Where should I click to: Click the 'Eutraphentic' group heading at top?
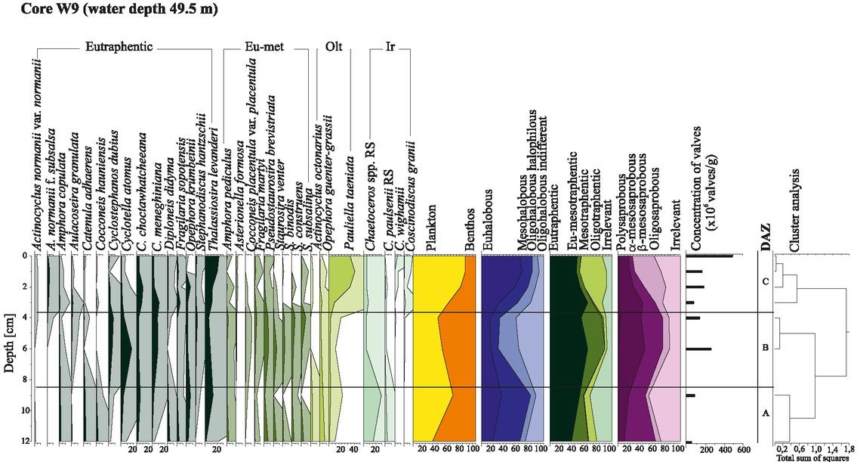(119, 48)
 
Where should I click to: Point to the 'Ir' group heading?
(390, 48)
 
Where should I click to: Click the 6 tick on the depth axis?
(26, 349)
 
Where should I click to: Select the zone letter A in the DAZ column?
(766, 413)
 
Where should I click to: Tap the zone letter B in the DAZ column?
(766, 348)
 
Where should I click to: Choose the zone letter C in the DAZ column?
(766, 282)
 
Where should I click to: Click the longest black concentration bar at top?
(709, 256)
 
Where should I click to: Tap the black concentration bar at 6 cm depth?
(698, 349)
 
